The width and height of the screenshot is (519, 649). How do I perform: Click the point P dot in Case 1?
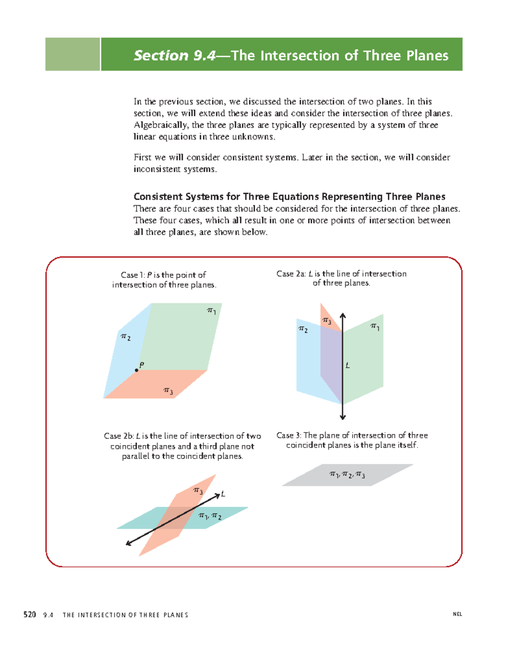click(x=137, y=370)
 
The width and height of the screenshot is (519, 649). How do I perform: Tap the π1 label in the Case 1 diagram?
click(x=211, y=311)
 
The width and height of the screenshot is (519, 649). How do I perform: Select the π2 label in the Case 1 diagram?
click(x=125, y=337)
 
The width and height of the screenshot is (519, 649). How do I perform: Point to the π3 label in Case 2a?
click(x=327, y=321)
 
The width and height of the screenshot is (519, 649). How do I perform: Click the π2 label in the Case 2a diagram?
click(x=303, y=330)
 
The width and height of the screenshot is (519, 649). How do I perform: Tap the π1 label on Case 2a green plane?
click(x=375, y=327)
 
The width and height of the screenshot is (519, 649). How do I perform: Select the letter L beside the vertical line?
click(x=347, y=366)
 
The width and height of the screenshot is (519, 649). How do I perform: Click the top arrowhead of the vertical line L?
click(x=343, y=316)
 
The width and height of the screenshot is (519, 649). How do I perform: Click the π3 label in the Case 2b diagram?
click(x=198, y=491)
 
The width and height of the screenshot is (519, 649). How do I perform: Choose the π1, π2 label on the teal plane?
click(x=210, y=516)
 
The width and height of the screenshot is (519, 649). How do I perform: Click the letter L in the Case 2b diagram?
click(x=223, y=494)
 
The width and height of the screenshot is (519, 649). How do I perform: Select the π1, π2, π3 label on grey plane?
click(x=347, y=475)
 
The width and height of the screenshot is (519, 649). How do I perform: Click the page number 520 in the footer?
click(x=29, y=614)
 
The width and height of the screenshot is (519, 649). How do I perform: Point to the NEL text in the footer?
click(x=457, y=614)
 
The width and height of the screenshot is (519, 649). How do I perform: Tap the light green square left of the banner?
click(x=73, y=54)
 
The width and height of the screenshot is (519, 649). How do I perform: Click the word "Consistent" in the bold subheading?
click(x=158, y=197)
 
